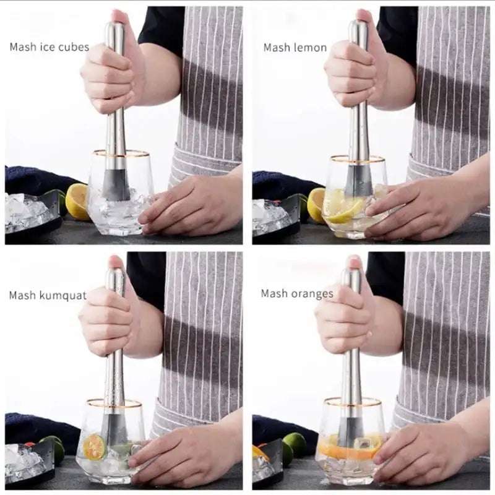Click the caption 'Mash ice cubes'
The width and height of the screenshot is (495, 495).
pyautogui.click(x=49, y=47)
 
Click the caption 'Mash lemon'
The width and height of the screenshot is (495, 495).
pyautogui.click(x=295, y=48)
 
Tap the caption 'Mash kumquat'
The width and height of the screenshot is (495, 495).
pyautogui.click(x=48, y=295)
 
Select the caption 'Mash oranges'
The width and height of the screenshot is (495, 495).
pyautogui.click(x=296, y=293)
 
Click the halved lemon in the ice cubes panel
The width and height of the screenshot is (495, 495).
pyautogui.click(x=77, y=202)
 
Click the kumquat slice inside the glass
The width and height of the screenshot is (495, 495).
pyautogui.click(x=94, y=446)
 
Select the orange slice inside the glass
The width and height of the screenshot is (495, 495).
pyautogui.click(x=346, y=451)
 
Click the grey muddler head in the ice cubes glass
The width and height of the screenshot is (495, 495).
pyautogui.click(x=116, y=185)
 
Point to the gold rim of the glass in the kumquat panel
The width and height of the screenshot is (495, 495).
pyautogui.click(x=114, y=403)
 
